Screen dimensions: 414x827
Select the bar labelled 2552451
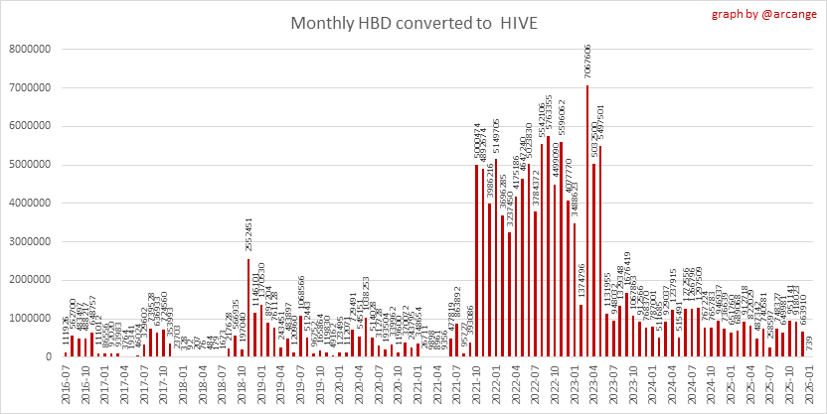[x=248, y=307]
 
